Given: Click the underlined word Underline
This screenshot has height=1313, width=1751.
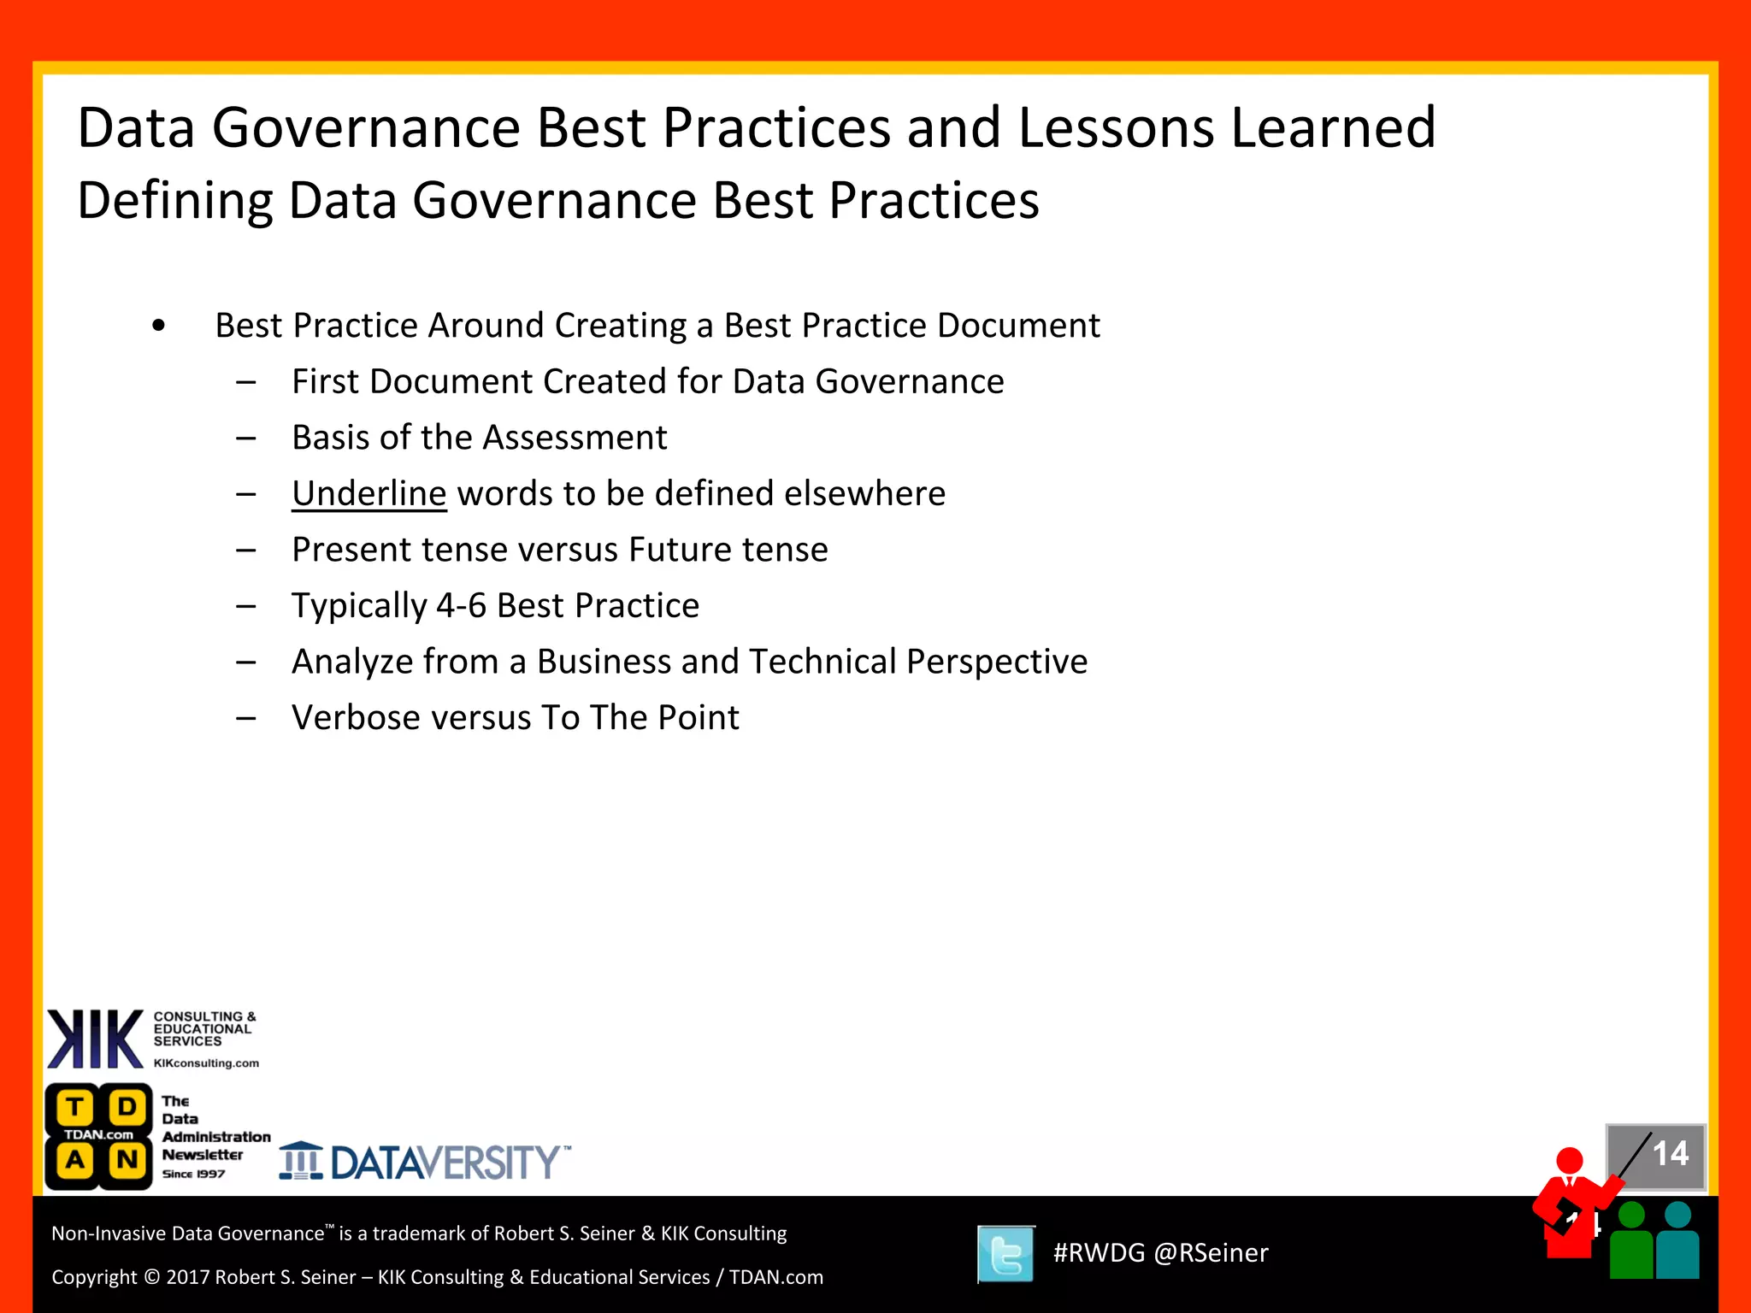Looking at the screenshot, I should click(368, 494).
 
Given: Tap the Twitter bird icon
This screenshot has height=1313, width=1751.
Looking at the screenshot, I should click(1005, 1254).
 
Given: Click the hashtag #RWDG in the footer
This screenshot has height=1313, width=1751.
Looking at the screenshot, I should click(1098, 1253).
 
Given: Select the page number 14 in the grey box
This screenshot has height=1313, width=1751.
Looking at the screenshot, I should click(1669, 1154).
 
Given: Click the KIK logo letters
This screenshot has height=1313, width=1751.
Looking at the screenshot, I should click(95, 1039).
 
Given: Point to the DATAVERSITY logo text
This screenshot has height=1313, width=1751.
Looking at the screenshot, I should click(445, 1163).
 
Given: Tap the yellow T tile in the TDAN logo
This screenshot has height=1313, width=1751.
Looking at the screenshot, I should click(75, 1108).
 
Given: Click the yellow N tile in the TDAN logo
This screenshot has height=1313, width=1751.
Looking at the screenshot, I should click(127, 1160).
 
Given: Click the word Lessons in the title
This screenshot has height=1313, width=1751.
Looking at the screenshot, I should click(1116, 128).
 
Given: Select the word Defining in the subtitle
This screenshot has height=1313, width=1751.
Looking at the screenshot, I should click(174, 201).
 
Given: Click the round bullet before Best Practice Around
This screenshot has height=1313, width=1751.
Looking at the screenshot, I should click(158, 327).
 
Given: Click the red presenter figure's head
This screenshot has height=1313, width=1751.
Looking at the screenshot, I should click(1570, 1160).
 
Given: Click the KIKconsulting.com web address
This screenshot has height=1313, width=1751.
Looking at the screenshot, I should click(206, 1063).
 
